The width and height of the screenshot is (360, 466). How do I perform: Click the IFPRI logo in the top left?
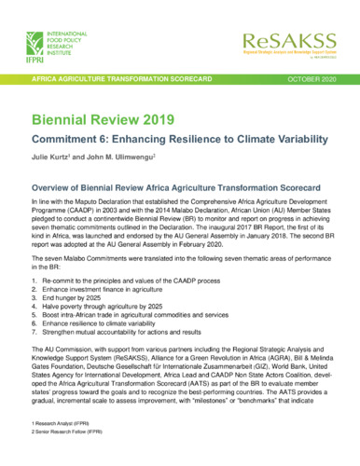(52, 47)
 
